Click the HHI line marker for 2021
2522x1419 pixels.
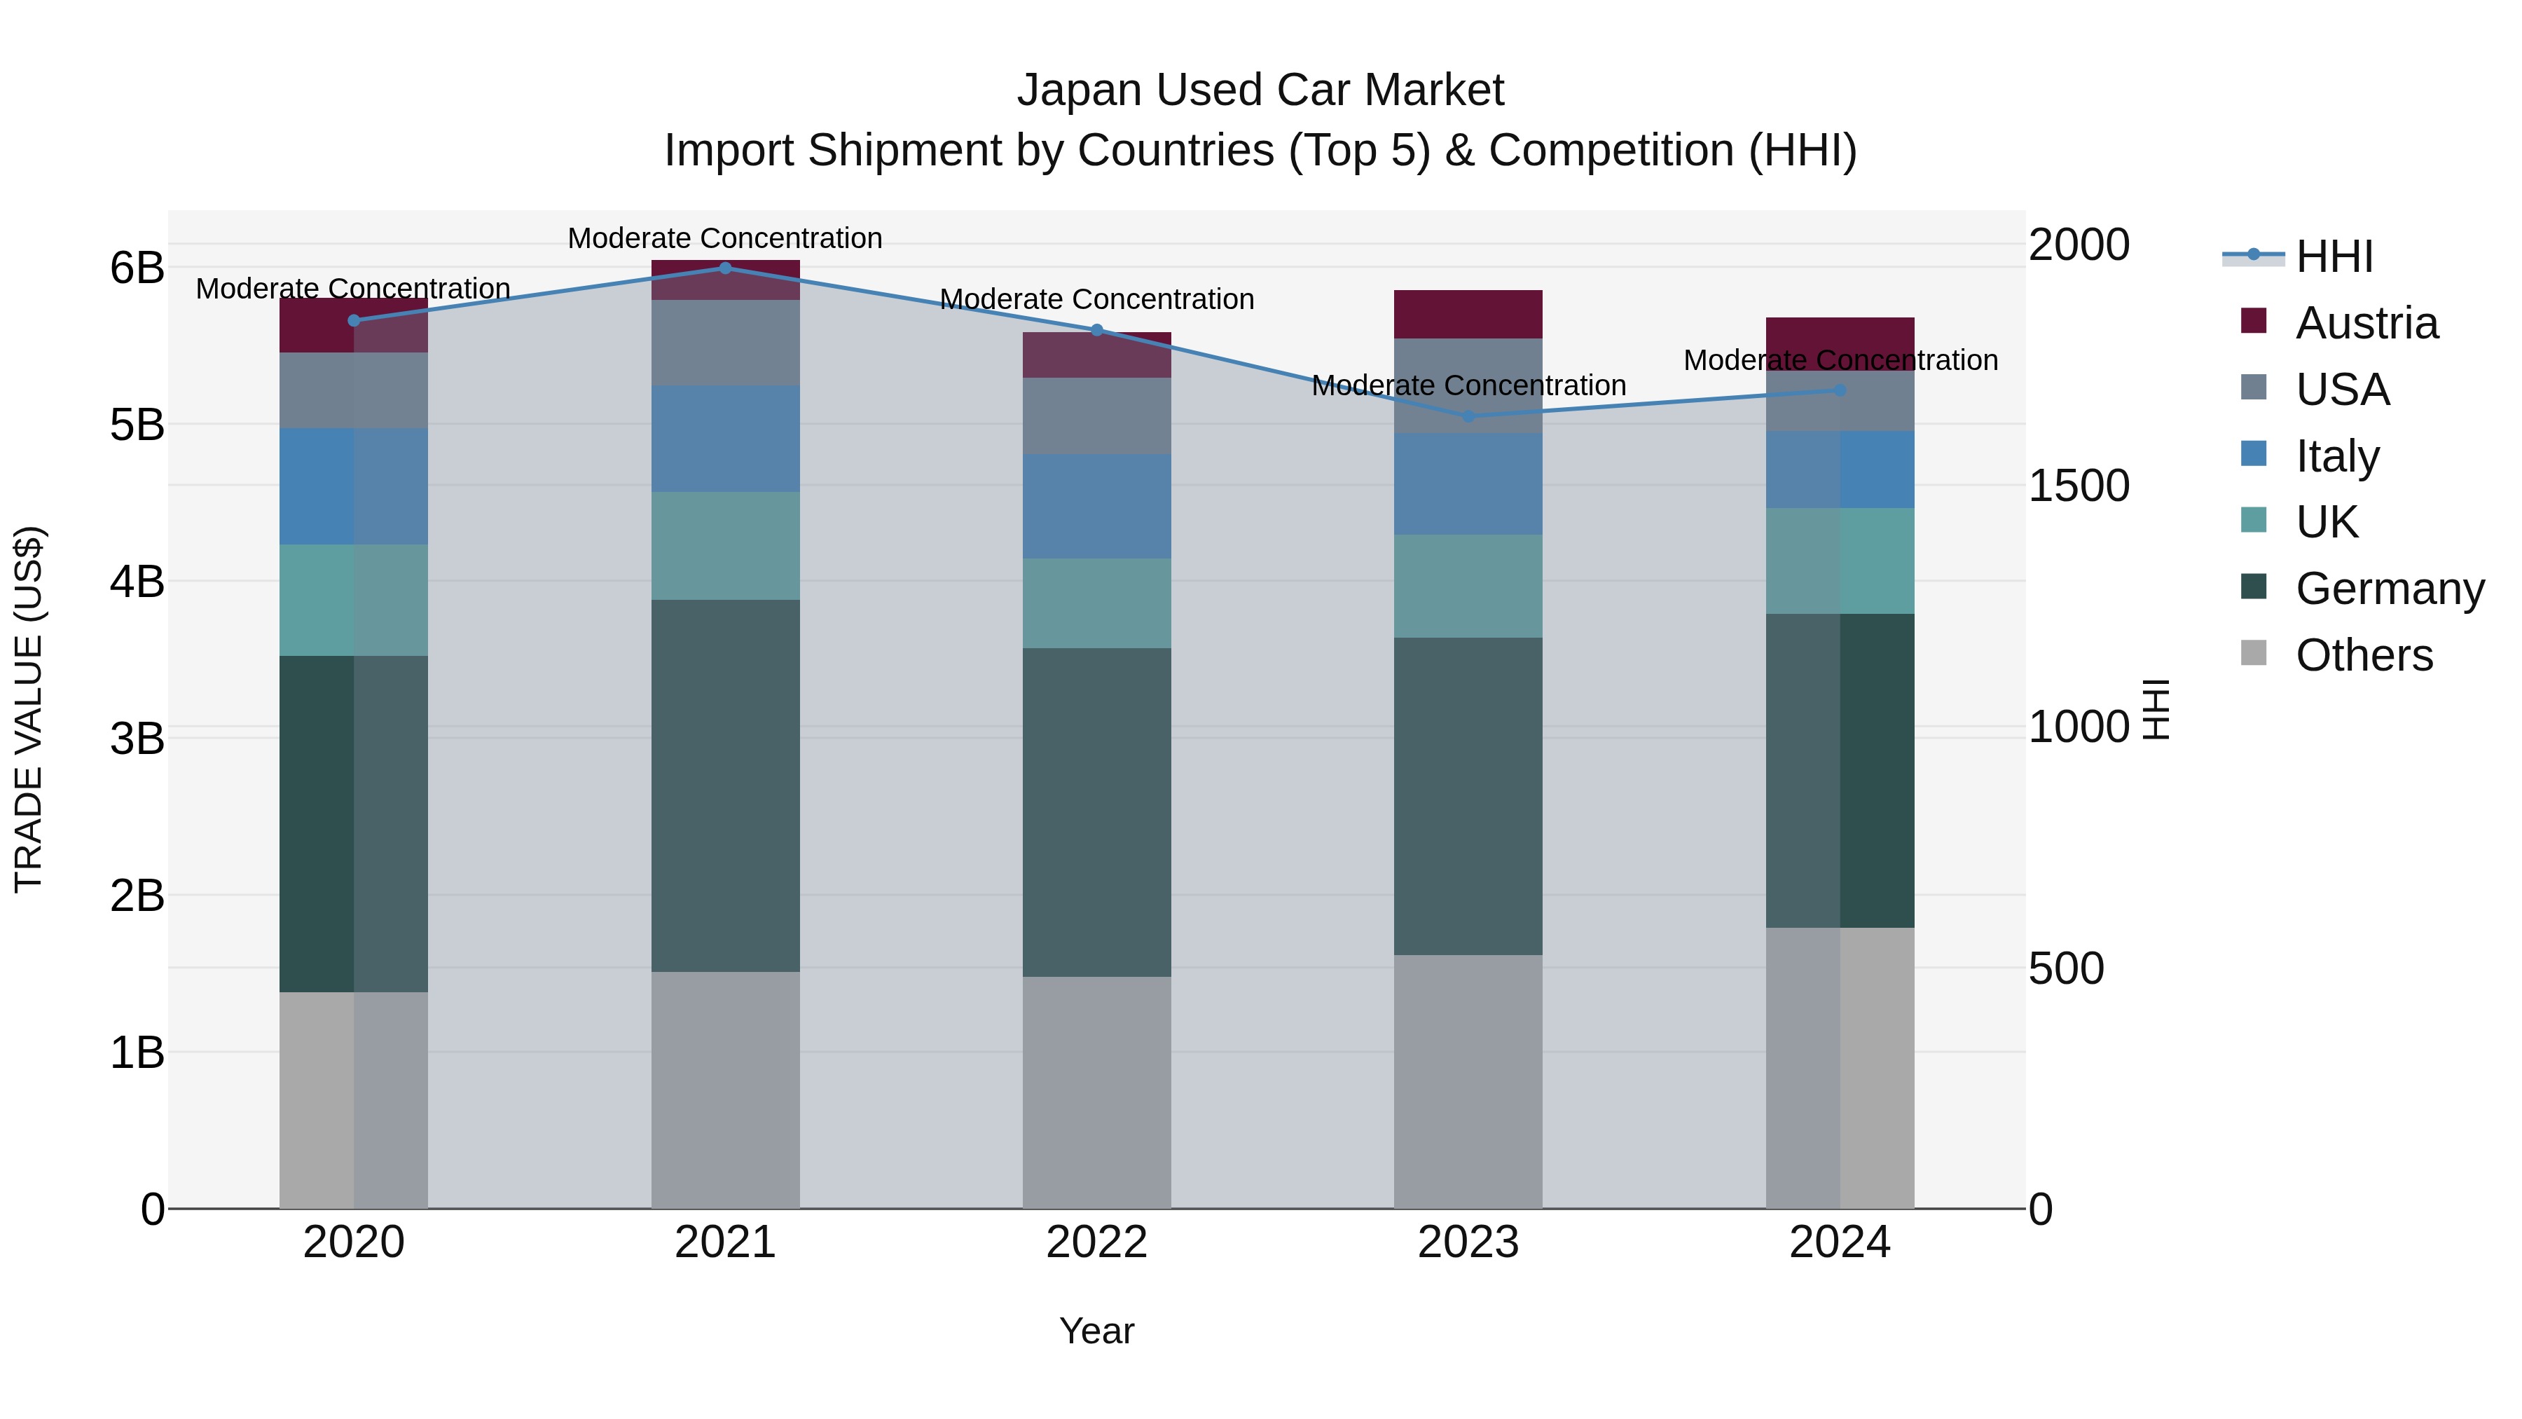click(x=726, y=268)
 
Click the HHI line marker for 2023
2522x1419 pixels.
click(x=1468, y=416)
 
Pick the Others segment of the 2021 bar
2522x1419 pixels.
click(x=726, y=1089)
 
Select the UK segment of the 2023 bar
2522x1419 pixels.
click(x=1468, y=586)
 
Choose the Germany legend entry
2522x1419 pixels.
click(x=2389, y=589)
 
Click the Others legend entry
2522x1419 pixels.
click(x=2364, y=655)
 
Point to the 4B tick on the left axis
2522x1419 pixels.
click(x=137, y=582)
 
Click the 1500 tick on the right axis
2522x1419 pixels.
click(x=2078, y=486)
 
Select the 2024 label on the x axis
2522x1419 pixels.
click(x=1840, y=1242)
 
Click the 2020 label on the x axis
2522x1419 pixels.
click(x=354, y=1242)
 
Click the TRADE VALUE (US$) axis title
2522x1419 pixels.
click(x=29, y=709)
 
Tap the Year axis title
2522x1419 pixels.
click(x=1096, y=1331)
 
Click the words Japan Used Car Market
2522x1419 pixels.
click(x=1260, y=90)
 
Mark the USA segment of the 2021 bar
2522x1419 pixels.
click(x=726, y=342)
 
